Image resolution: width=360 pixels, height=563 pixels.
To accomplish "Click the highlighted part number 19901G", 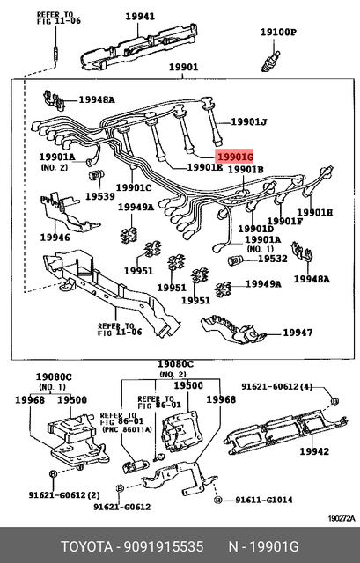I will tap(234, 156).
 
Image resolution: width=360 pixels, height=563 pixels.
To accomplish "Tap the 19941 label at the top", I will tap(138, 16).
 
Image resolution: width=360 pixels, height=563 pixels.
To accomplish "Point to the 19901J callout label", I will tap(249, 122).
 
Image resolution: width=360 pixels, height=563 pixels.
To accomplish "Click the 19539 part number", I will tap(99, 196).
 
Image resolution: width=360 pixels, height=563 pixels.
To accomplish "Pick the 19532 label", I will tap(272, 260).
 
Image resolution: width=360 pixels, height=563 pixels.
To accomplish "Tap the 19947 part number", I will tap(298, 333).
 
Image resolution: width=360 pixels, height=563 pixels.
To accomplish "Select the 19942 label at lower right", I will tap(315, 451).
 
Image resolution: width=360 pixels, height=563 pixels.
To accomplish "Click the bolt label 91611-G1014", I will tap(263, 501).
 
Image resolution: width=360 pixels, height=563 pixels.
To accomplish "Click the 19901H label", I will tap(314, 213).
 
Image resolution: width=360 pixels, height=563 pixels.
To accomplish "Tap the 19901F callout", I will tap(284, 221).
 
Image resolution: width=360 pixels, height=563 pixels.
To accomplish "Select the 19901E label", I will tap(204, 167).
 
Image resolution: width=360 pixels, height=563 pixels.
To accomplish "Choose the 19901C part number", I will tap(133, 187).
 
